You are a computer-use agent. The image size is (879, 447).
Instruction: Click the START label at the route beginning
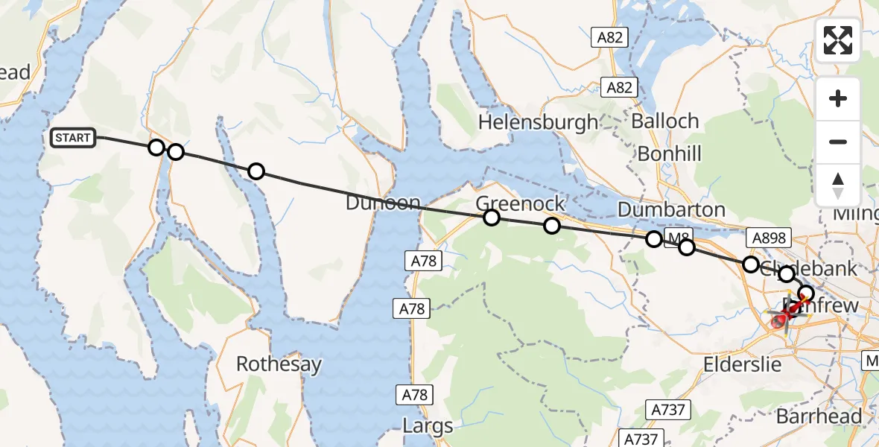(72, 138)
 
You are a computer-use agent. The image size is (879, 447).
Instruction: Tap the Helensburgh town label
(539, 122)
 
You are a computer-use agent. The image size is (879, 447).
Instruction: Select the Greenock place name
(520, 203)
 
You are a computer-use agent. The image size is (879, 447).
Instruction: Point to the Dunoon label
(383, 203)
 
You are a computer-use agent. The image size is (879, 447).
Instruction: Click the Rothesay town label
(279, 364)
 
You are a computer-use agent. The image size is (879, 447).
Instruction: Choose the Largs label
(428, 426)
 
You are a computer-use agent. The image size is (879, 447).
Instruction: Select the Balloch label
(665, 121)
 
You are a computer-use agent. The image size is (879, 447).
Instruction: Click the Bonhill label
(669, 153)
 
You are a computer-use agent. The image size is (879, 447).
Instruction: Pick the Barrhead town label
(819, 416)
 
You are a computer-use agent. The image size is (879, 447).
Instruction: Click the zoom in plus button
(838, 99)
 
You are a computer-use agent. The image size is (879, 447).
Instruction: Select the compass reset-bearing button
(838, 185)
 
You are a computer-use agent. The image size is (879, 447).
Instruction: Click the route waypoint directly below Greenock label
(492, 218)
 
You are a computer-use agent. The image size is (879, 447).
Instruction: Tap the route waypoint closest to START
(156, 147)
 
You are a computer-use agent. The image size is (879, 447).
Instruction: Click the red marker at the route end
(779, 321)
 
